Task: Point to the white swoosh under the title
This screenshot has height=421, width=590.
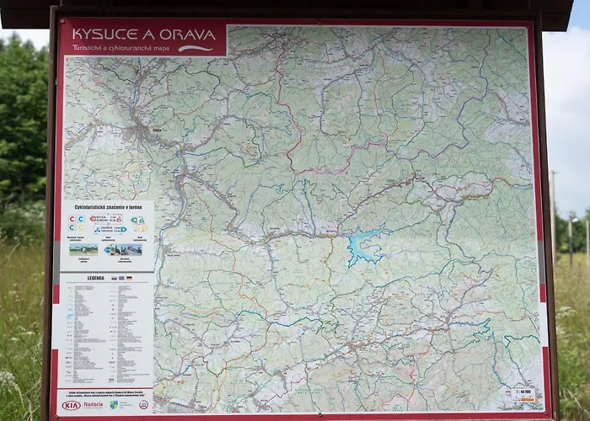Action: pos(196,48)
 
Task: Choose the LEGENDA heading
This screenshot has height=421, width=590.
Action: pos(95,277)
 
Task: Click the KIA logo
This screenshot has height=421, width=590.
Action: pos(72,405)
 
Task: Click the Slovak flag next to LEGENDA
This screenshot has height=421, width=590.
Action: pos(116,277)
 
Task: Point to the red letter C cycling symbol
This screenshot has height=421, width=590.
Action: pos(72,218)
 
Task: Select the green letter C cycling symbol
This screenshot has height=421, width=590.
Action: pos(72,227)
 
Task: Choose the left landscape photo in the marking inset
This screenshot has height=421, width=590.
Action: pos(83,249)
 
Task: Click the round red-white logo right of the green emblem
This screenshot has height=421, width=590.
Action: pos(143,405)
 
